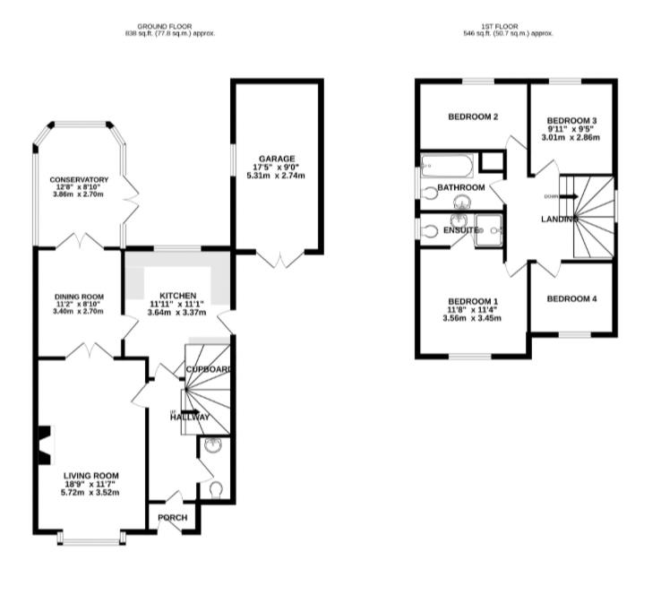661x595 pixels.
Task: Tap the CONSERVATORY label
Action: (x=79, y=179)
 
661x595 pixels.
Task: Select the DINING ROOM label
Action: (x=79, y=297)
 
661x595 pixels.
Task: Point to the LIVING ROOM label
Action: (x=90, y=476)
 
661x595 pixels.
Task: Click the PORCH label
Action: (x=171, y=518)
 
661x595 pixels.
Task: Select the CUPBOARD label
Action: (x=209, y=369)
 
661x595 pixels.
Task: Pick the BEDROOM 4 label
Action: (x=571, y=298)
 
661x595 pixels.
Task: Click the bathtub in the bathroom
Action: (x=447, y=165)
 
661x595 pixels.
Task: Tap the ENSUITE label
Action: (x=455, y=230)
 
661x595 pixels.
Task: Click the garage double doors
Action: (x=280, y=259)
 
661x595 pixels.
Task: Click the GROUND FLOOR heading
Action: (x=170, y=26)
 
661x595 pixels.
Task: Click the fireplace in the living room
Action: (x=42, y=445)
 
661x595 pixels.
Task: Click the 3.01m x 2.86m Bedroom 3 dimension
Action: (x=571, y=137)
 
